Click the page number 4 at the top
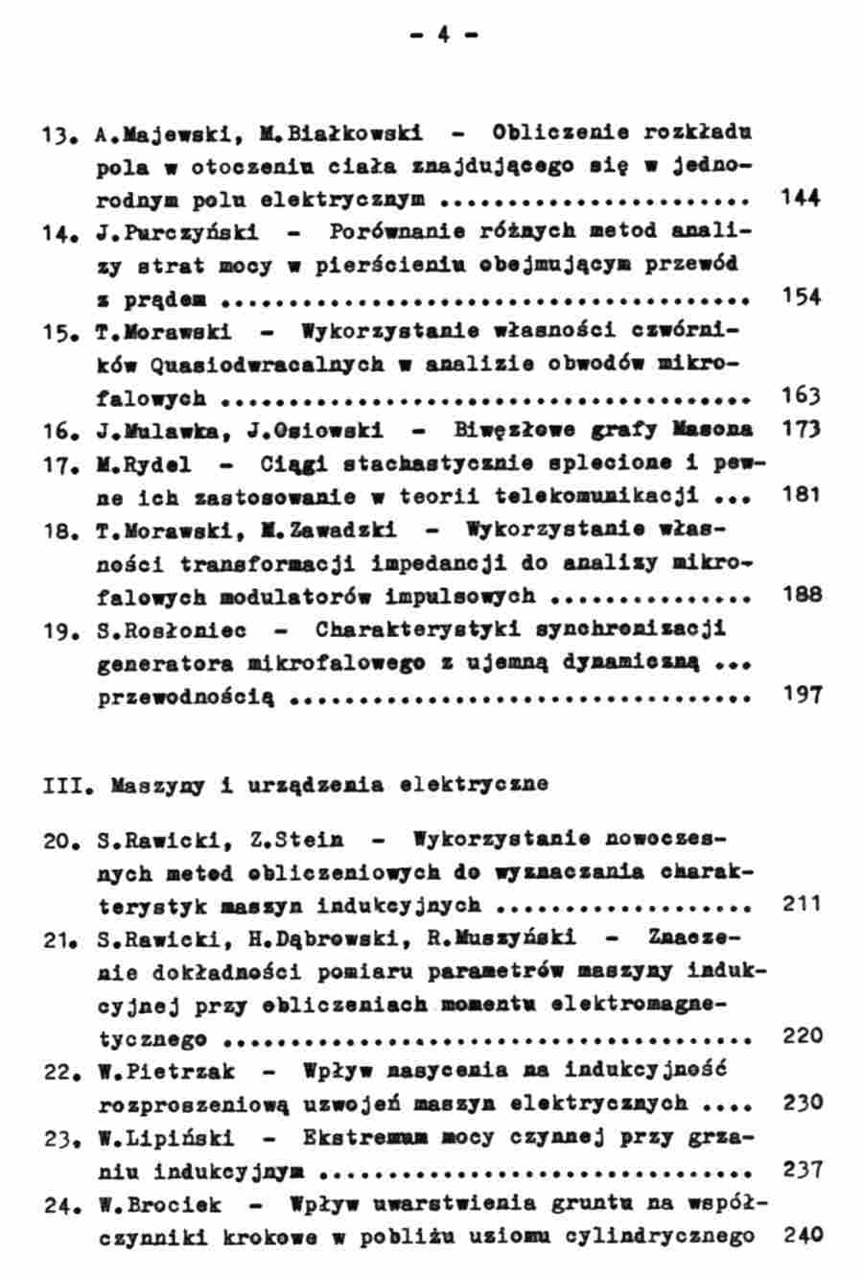(444, 36)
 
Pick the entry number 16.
(58, 431)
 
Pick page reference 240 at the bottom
(802, 1235)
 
